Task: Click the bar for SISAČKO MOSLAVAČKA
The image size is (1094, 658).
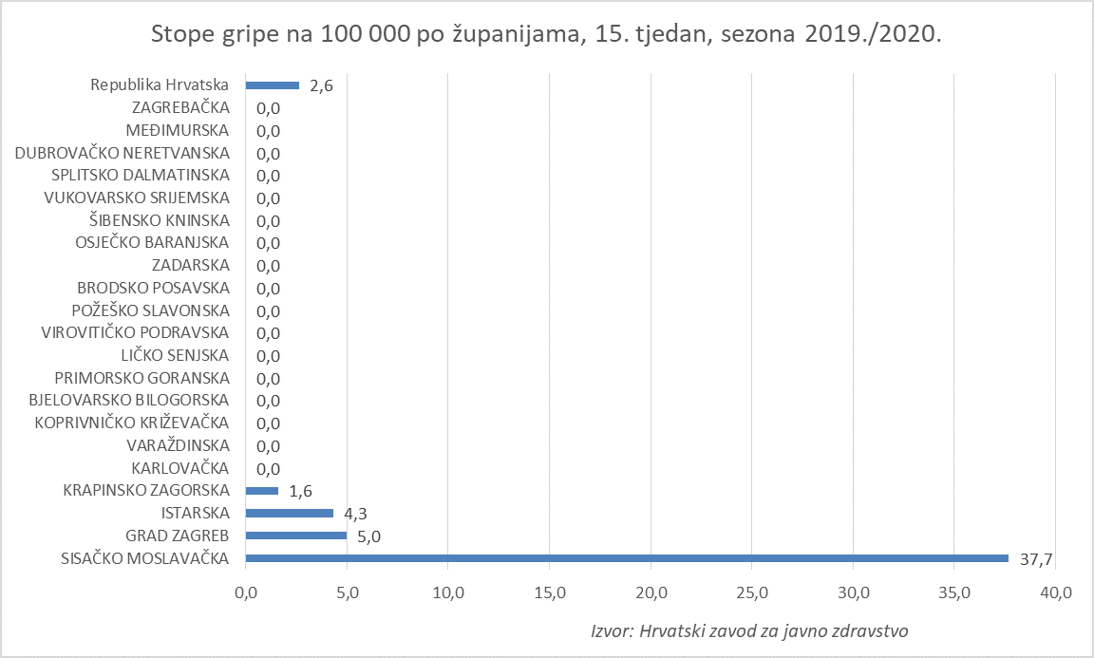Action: click(x=627, y=558)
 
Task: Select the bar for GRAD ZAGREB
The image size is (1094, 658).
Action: click(x=296, y=536)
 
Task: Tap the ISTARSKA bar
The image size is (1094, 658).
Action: click(x=290, y=514)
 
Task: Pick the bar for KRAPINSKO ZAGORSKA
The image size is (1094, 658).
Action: click(x=262, y=491)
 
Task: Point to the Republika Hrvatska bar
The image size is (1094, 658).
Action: click(x=273, y=85)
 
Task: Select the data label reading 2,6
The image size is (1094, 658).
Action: click(x=322, y=85)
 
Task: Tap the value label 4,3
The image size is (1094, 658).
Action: click(x=357, y=514)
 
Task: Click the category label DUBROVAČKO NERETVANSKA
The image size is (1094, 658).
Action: click(x=123, y=153)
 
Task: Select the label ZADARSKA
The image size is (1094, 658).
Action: click(x=190, y=265)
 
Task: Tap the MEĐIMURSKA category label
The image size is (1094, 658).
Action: click(x=178, y=130)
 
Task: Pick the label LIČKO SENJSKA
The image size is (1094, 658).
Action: click(x=175, y=355)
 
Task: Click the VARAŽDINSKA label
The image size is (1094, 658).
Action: click(x=178, y=445)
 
